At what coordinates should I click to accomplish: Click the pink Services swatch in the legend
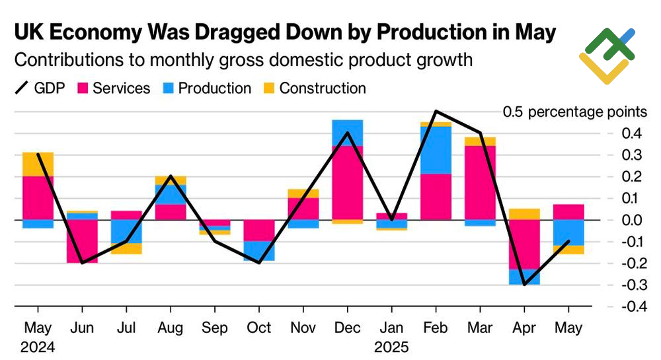[83, 88]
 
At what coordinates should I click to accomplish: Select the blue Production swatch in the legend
[169, 88]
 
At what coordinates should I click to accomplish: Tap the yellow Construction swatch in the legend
[270, 88]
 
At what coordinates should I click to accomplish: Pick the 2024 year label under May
[37, 346]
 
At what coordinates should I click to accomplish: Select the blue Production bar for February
[436, 150]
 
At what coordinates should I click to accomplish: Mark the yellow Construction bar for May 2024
[37, 164]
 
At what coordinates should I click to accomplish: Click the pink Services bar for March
[480, 182]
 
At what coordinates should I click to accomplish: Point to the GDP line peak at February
[436, 111]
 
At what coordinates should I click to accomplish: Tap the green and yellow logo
[606, 55]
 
